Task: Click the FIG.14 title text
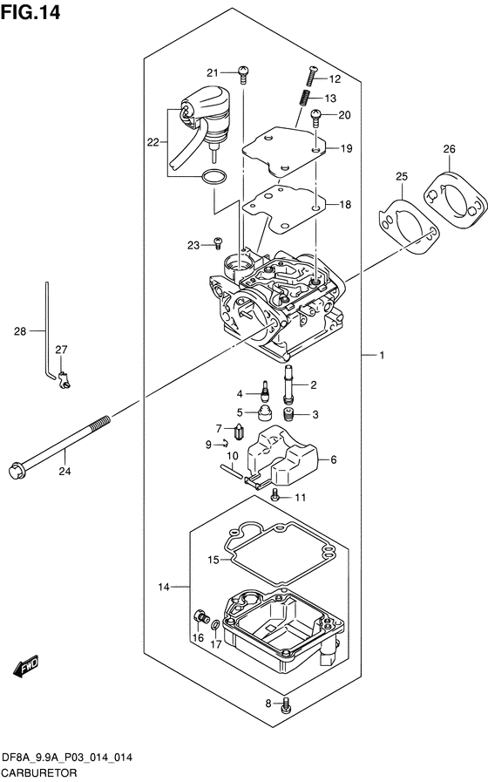tap(30, 12)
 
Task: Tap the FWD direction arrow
tap(26, 667)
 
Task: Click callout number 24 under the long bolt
tap(64, 470)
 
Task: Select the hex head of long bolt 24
tap(17, 470)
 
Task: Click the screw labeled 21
tap(243, 74)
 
